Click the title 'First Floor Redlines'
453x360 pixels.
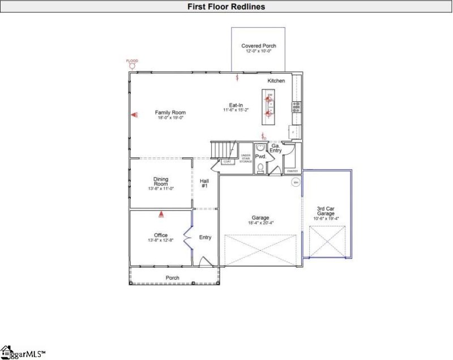[226, 7]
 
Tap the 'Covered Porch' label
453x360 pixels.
[259, 46]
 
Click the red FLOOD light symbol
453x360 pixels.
[132, 65]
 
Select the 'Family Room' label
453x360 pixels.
[170, 113]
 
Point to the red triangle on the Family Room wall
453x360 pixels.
[135, 115]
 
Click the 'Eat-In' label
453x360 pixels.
[236, 105]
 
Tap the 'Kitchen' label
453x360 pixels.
[276, 81]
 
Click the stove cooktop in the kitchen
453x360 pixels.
[296, 106]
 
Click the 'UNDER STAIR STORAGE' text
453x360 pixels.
[246, 158]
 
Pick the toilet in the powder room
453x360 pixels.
[260, 168]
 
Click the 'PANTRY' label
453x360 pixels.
[292, 170]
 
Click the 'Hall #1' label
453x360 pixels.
[204, 183]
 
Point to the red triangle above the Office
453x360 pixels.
[161, 215]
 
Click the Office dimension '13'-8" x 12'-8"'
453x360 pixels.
[161, 241]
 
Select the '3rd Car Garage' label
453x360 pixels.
[327, 212]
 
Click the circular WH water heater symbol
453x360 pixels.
[295, 182]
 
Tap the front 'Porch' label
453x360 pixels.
[172, 278]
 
